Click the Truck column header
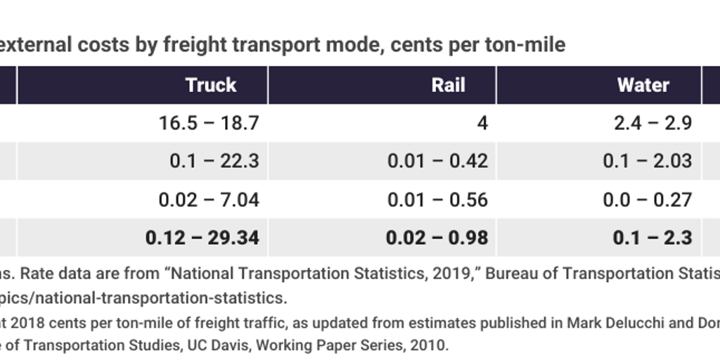(x=210, y=85)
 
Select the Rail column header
(x=449, y=85)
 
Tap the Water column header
(x=643, y=85)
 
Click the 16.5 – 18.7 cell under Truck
(x=209, y=123)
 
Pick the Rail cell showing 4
(x=482, y=123)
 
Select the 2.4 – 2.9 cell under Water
(x=652, y=123)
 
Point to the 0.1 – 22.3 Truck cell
(x=214, y=161)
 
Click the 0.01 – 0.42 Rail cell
(x=437, y=161)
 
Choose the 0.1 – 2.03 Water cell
(x=647, y=161)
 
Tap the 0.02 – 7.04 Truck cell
(x=209, y=200)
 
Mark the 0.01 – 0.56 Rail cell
(x=437, y=200)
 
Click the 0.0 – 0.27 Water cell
(x=647, y=200)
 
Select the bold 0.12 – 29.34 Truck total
(x=202, y=238)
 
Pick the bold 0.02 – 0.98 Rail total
(x=437, y=238)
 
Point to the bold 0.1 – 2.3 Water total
(x=652, y=238)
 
